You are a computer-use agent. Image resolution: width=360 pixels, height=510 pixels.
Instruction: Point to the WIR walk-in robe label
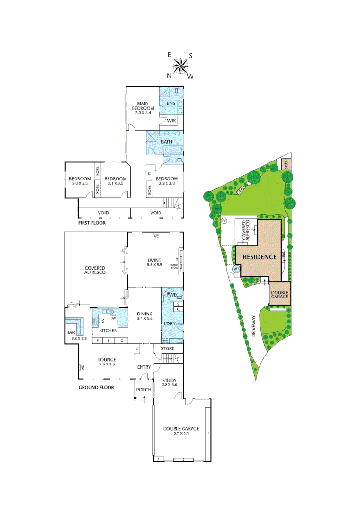coord(171,121)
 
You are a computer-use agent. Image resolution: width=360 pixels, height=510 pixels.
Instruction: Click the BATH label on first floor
coord(167,142)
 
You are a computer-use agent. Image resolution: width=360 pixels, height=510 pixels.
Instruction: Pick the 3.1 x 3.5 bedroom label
coord(114,180)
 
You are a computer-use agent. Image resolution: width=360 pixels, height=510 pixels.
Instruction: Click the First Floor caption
coord(92,223)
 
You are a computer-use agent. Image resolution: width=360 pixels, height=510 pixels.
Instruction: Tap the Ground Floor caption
coord(96,387)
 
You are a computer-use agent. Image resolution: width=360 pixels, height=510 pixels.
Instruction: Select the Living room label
coord(154,263)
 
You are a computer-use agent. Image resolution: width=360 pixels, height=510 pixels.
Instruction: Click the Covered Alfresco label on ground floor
coord(94,270)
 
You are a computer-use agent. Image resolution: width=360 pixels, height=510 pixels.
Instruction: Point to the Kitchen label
coord(108,331)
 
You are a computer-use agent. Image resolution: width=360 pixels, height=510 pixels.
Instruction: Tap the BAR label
coord(71,332)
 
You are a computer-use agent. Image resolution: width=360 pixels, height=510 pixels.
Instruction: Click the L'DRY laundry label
coord(169,323)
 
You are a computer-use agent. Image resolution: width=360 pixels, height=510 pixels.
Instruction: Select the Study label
coord(169,382)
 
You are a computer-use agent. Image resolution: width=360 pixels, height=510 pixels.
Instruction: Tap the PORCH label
coord(143,390)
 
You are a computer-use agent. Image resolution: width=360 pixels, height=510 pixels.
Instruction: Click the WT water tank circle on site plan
coord(236,269)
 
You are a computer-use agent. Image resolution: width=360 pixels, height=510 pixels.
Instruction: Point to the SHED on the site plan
coord(285,164)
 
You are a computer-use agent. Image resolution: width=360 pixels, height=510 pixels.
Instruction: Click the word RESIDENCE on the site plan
coord(259,257)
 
